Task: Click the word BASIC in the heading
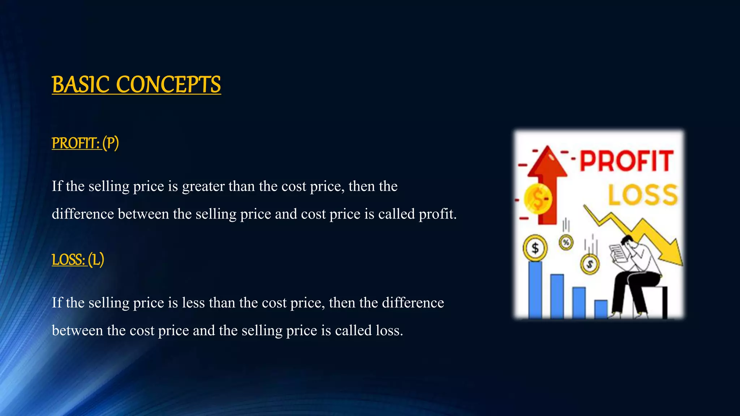tap(81, 85)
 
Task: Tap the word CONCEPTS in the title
tap(168, 85)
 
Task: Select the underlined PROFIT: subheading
tap(76, 143)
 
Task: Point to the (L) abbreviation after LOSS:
tap(96, 260)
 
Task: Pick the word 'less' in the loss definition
tap(193, 303)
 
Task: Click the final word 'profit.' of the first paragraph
tap(437, 214)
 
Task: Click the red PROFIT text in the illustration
tap(627, 161)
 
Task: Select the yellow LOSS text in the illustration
tap(643, 195)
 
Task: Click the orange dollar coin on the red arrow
tap(538, 199)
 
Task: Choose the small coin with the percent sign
tap(566, 242)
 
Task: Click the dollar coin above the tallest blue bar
tap(535, 248)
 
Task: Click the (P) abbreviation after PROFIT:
tap(111, 143)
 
